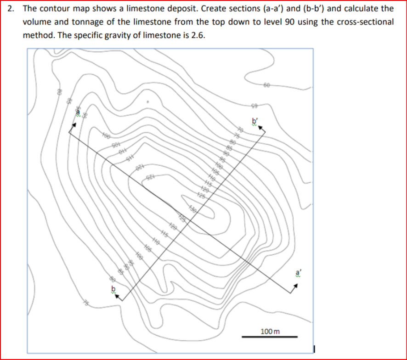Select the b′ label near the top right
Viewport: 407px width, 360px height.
point(255,122)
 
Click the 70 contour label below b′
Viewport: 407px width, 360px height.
point(241,130)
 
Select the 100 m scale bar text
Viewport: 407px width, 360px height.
point(270,331)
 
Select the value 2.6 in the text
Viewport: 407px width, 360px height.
point(195,34)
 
